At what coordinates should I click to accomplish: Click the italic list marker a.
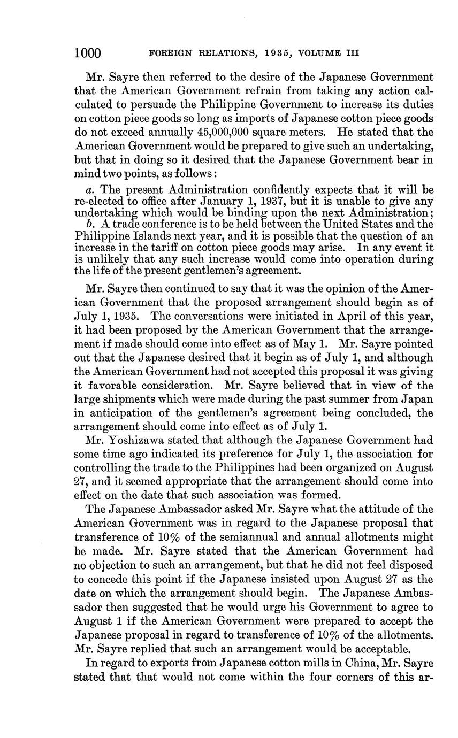pos(88,190)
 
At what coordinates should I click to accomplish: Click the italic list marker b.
pos(88,224)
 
